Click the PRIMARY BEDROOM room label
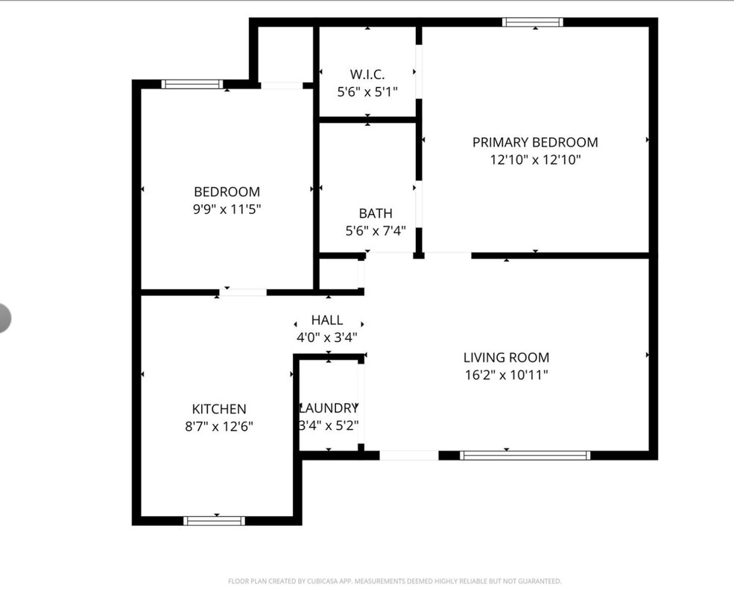pos(535,142)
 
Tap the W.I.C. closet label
pos(367,74)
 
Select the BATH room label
pos(376,213)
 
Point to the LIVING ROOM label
pos(507,358)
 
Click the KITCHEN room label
pos(219,409)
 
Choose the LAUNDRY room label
pos(329,408)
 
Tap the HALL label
pos(327,320)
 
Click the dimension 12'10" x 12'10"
pos(535,160)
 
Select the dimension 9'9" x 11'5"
pos(227,209)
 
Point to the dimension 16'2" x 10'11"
pos(507,375)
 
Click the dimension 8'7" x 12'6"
pos(219,427)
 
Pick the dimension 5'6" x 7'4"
pos(376,231)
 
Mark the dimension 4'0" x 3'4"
pos(327,337)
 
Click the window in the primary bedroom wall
pos(533,22)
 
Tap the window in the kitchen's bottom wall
pos(214,521)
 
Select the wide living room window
pos(525,455)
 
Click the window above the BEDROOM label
pos(192,84)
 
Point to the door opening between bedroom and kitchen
pos(243,292)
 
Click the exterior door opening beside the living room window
pos(409,455)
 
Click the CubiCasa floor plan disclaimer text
pos(395,581)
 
